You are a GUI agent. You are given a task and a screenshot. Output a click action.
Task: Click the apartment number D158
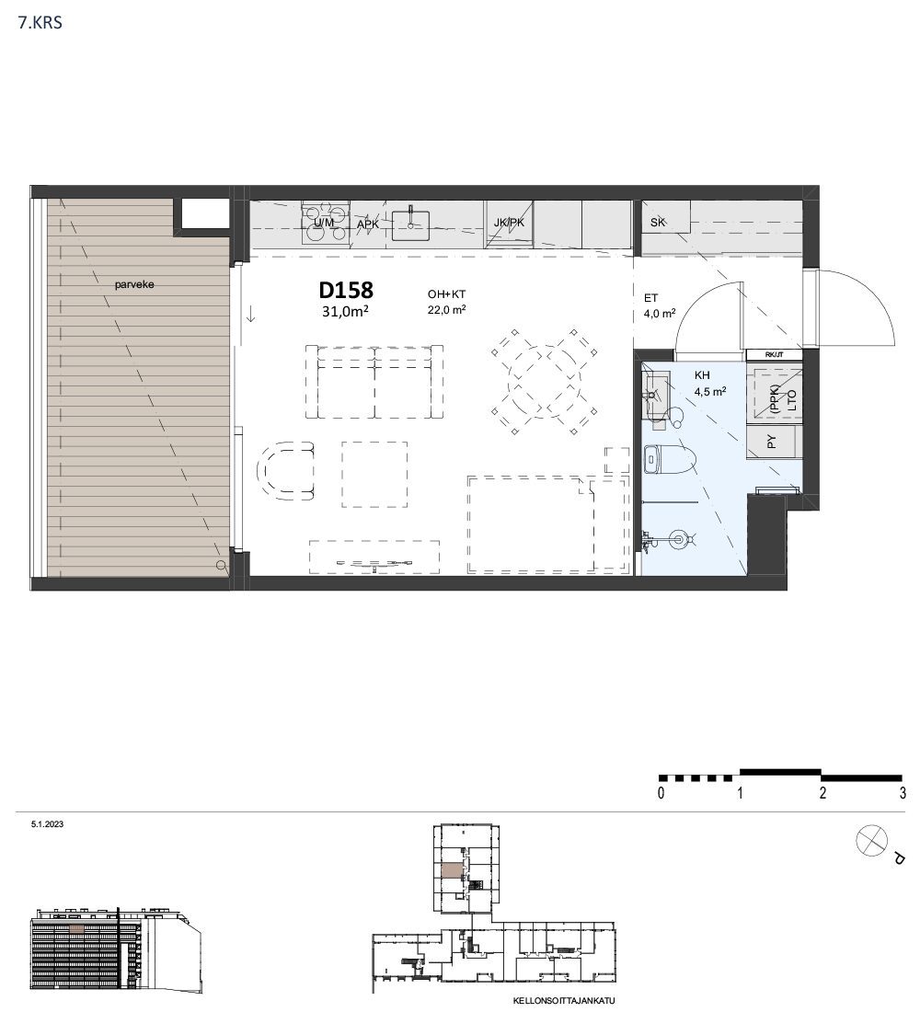[346, 291]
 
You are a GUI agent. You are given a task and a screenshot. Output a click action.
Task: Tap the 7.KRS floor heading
[40, 23]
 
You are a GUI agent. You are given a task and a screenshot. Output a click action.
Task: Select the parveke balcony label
[134, 284]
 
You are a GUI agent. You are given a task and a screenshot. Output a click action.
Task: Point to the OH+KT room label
[446, 294]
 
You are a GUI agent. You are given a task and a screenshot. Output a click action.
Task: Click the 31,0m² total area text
[345, 312]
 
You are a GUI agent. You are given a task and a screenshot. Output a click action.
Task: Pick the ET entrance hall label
[650, 298]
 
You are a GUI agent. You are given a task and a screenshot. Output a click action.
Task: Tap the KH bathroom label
[702, 375]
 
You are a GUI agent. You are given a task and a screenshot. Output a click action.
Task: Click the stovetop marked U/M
[326, 223]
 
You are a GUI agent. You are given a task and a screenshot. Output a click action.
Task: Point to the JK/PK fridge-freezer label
[509, 223]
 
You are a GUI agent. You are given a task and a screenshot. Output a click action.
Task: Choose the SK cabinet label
[658, 222]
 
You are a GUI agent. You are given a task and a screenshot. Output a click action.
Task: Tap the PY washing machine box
[774, 443]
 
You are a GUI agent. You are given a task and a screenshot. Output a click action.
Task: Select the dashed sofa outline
[374, 382]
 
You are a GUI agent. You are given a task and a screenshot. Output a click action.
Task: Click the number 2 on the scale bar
[822, 792]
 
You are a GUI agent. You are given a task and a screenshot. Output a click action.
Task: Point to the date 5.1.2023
[47, 824]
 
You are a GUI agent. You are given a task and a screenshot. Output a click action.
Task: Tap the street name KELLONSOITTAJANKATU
[564, 1001]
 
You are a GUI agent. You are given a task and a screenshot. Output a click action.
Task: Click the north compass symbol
[871, 842]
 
